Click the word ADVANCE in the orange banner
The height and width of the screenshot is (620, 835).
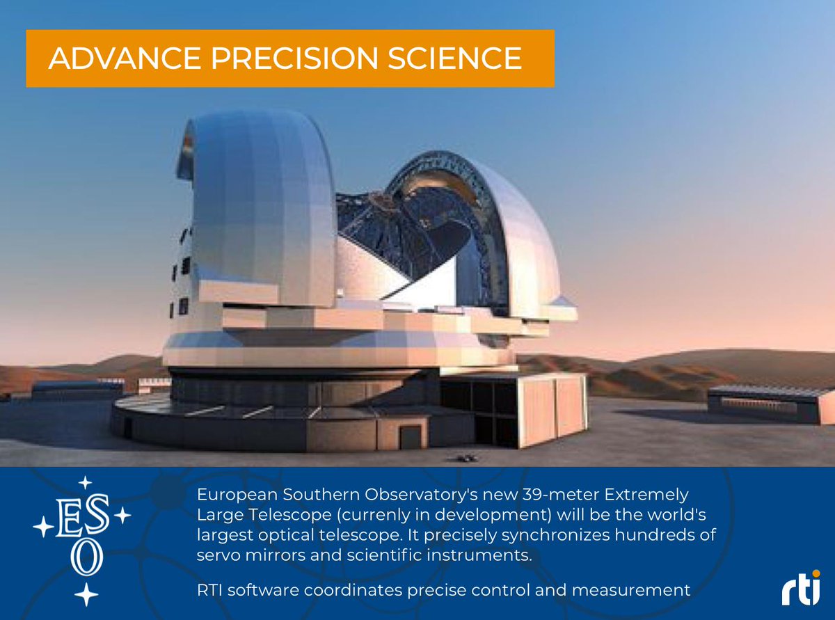(x=104, y=58)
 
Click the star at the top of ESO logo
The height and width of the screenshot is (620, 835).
(x=85, y=482)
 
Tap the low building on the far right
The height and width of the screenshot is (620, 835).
(x=770, y=403)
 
